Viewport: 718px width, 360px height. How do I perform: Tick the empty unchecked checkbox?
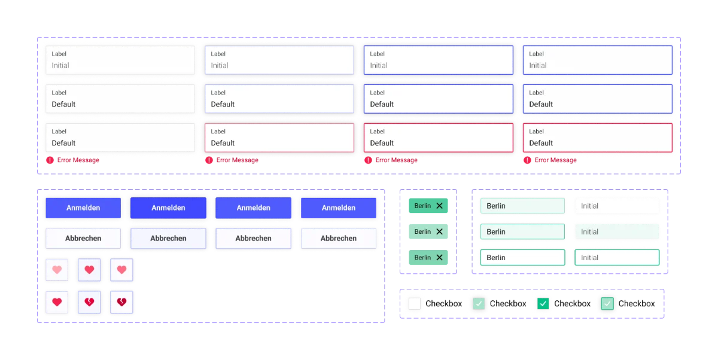415,303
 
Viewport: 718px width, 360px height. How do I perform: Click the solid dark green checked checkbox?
543,303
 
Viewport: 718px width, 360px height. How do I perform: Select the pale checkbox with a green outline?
607,303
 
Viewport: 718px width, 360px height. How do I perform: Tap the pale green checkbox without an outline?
479,303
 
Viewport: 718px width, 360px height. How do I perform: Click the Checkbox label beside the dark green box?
572,304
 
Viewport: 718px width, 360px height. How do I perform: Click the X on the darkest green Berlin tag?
439,206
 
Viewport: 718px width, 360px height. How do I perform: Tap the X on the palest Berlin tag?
439,231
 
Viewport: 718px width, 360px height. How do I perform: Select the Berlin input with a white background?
522,258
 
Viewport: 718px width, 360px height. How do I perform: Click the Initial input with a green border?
617,258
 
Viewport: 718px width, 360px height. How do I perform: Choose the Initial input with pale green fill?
617,231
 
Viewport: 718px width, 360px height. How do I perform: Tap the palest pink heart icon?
57,270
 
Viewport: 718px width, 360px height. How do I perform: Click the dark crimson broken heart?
121,302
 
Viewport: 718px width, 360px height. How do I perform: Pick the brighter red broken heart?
89,302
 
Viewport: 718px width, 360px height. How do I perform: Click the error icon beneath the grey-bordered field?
50,160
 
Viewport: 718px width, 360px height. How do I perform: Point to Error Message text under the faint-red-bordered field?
237,160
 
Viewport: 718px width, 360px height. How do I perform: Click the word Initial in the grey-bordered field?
60,66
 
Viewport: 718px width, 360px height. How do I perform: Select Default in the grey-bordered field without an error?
63,105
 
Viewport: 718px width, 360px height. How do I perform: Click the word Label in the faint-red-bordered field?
218,132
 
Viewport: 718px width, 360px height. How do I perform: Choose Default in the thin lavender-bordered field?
223,105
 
